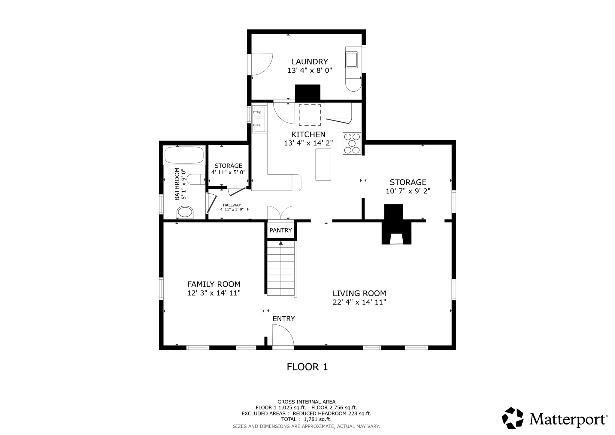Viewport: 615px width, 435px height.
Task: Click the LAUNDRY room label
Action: [x=310, y=62]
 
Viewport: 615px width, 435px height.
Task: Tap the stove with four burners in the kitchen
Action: [x=352, y=143]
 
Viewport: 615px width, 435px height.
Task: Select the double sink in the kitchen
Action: [x=259, y=119]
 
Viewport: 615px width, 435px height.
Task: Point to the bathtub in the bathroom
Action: [x=184, y=155]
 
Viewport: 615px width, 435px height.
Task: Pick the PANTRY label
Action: [x=280, y=230]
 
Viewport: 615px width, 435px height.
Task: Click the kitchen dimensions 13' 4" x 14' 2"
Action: [x=308, y=143]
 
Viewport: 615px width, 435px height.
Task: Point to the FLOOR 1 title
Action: [x=307, y=367]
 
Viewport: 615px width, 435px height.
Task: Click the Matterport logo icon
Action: [x=513, y=418]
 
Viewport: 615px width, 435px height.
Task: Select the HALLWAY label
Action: [x=232, y=205]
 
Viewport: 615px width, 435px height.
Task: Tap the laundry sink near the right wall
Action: [x=352, y=60]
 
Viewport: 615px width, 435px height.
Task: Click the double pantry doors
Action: [x=281, y=213]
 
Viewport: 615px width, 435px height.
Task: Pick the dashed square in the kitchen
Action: [x=310, y=115]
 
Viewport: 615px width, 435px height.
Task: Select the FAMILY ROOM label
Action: [x=214, y=284]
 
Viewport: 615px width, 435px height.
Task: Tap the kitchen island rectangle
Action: [x=323, y=164]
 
